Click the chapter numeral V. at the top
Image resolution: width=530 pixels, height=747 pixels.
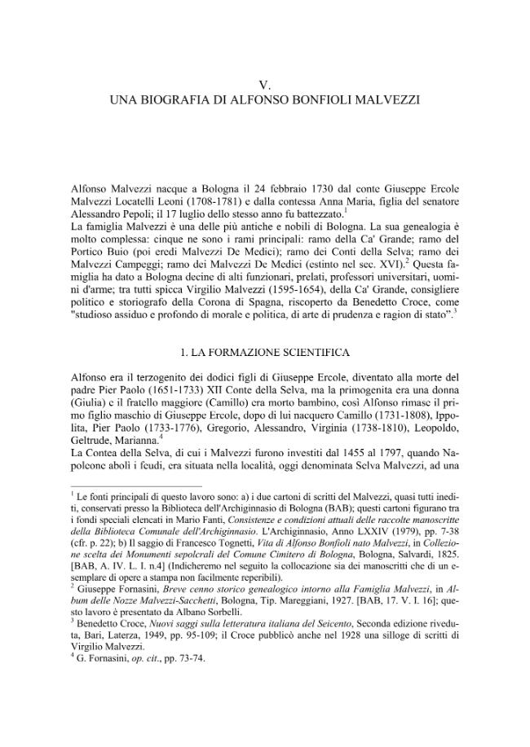264,85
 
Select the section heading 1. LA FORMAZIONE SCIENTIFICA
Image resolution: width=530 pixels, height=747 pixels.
264,353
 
